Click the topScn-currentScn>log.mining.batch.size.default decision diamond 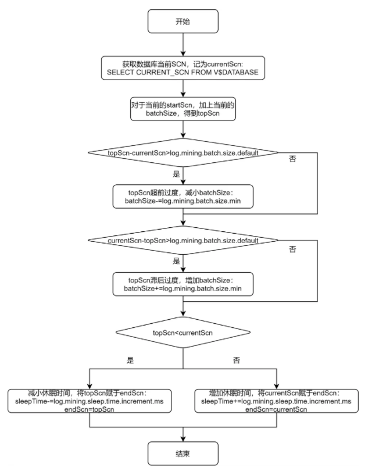click(x=184, y=153)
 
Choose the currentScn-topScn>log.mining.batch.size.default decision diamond click(x=184, y=240)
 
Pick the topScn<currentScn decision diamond click(x=184, y=333)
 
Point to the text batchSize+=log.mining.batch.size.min click(x=184, y=288)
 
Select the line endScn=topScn click(x=90, y=410)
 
